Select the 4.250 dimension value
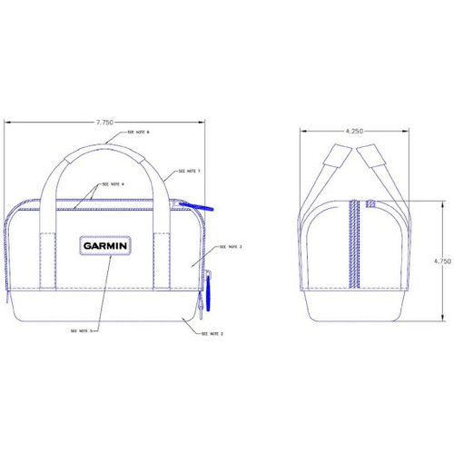pos(355,130)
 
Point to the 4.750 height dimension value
pos(442,261)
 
